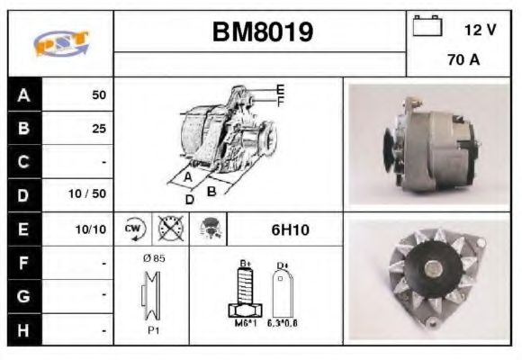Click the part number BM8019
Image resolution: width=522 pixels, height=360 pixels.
[262, 32]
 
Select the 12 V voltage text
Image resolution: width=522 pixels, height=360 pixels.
[480, 30]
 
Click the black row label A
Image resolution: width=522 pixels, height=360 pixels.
[24, 94]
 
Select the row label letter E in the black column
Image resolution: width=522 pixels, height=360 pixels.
[24, 229]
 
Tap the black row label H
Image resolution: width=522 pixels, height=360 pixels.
[24, 330]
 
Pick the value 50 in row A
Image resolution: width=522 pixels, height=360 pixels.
[97, 94]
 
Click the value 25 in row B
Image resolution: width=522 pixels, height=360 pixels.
[98, 129]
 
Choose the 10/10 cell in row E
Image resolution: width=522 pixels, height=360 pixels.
[92, 229]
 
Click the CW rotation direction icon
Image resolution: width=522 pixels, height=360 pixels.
[133, 229]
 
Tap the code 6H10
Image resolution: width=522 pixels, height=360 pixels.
[290, 229]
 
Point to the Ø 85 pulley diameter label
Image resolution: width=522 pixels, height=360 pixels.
[154, 257]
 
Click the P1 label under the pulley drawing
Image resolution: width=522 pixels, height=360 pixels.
[154, 330]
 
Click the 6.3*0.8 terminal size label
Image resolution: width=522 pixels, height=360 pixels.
[283, 322]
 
